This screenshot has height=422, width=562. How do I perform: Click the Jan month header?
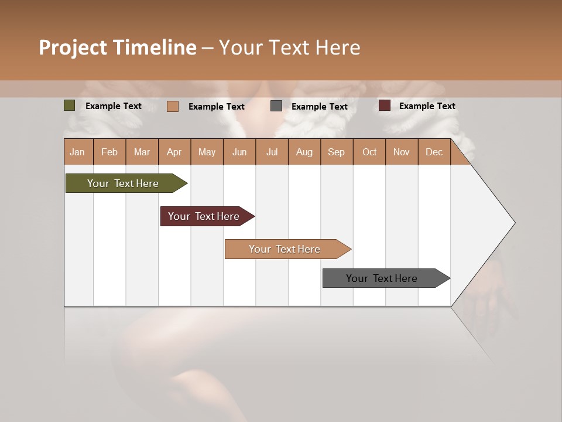[x=77, y=152]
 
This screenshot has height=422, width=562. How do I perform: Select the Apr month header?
[x=174, y=152]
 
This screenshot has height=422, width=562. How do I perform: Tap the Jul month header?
[x=272, y=152]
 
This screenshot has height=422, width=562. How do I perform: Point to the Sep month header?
[x=336, y=152]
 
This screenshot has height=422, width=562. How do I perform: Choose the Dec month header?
[x=434, y=152]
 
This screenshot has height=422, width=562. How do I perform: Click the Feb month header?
[x=109, y=152]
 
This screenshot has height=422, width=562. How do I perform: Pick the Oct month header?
[x=369, y=152]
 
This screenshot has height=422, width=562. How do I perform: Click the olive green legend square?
[x=70, y=105]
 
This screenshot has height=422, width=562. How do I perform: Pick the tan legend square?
[x=173, y=106]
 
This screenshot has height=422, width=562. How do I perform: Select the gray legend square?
[x=276, y=106]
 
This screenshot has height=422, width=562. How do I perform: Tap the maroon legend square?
[x=385, y=105]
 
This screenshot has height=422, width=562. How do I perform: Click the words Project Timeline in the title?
[x=117, y=47]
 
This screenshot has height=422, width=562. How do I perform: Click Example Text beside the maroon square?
[x=427, y=106]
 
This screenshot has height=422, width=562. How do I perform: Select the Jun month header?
[x=239, y=152]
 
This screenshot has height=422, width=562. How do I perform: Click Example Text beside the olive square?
[x=114, y=106]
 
